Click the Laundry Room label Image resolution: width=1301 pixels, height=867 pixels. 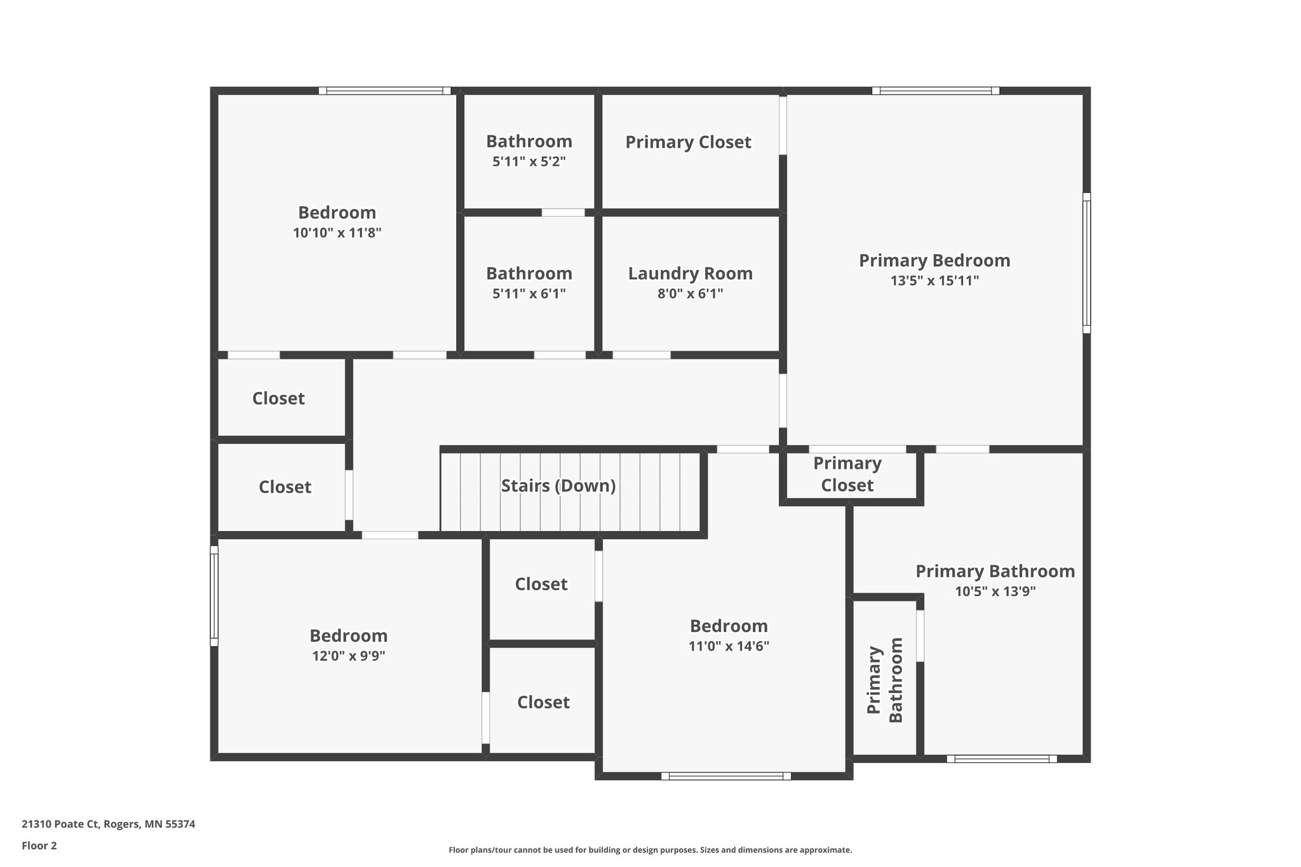(691, 274)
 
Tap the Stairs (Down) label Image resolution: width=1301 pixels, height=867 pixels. (558, 486)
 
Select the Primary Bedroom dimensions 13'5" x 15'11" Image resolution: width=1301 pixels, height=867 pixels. (934, 281)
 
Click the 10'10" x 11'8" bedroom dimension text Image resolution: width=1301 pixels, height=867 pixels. (337, 232)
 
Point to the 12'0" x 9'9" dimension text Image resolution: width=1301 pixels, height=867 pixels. (349, 655)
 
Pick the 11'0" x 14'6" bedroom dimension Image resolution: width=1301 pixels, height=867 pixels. (729, 646)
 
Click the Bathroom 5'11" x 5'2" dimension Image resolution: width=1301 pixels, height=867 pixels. (529, 161)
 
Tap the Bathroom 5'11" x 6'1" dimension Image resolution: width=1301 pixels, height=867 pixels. (529, 293)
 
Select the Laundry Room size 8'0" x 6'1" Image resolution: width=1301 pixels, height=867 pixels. (691, 293)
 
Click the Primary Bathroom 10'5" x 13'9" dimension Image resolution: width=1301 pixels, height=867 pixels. (995, 591)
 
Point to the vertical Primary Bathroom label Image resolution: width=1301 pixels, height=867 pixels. (885, 680)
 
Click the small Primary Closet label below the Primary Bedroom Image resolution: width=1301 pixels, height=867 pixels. (847, 474)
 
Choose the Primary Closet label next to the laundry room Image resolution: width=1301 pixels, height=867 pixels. (688, 142)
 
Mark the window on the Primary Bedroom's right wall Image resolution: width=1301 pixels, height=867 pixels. (1087, 263)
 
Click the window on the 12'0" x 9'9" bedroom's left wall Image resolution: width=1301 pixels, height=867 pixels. (214, 596)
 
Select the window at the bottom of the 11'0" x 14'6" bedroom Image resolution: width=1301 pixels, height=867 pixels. (726, 776)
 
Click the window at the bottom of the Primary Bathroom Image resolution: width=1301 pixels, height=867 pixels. (1002, 758)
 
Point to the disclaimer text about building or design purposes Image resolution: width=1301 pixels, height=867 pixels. (650, 850)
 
